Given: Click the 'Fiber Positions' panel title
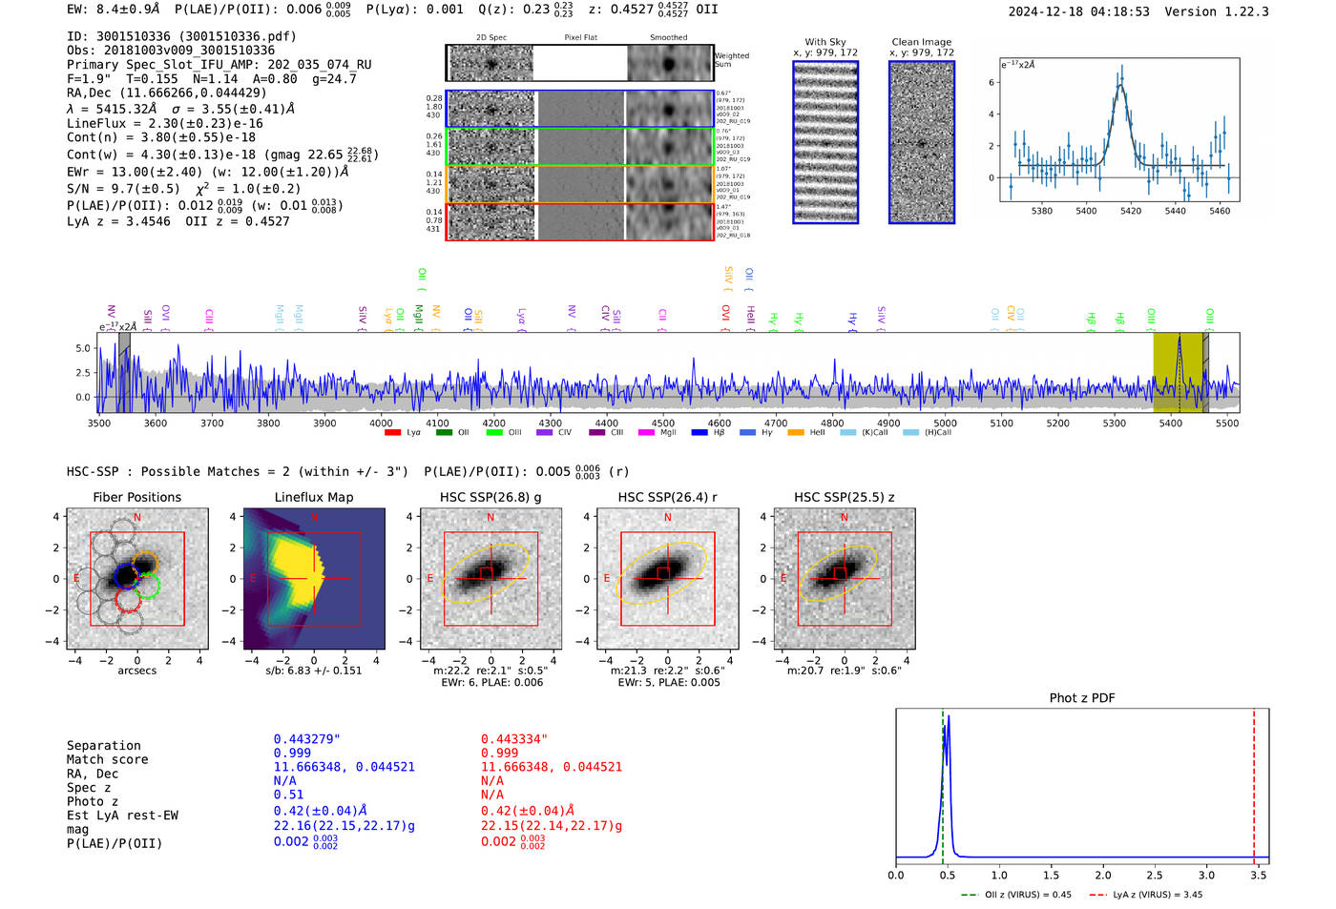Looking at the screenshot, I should click(x=136, y=497).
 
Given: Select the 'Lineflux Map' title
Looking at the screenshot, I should click(x=314, y=497).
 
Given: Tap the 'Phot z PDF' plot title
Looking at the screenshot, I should click(x=1082, y=698).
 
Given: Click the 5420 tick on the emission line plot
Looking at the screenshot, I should click(x=1131, y=211).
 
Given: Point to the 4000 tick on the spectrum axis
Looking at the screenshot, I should click(x=381, y=423).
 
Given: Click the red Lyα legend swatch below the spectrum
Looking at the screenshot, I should click(x=392, y=433).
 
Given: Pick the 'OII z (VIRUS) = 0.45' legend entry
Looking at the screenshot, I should click(x=1017, y=895).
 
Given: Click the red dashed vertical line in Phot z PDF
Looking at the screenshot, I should click(x=1254, y=782).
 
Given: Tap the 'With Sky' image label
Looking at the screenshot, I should click(x=825, y=42).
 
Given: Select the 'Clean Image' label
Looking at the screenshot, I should click(x=922, y=42).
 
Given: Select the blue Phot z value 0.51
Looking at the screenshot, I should click(x=288, y=795).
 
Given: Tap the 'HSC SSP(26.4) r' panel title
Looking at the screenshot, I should click(x=667, y=497).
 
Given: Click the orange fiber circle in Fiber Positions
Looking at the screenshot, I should click(x=145, y=562).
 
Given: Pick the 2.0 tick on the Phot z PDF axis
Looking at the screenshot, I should click(x=1103, y=875).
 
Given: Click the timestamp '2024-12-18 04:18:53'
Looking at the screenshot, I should click(x=1078, y=11).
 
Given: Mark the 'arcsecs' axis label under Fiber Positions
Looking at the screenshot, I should click(x=136, y=671).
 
